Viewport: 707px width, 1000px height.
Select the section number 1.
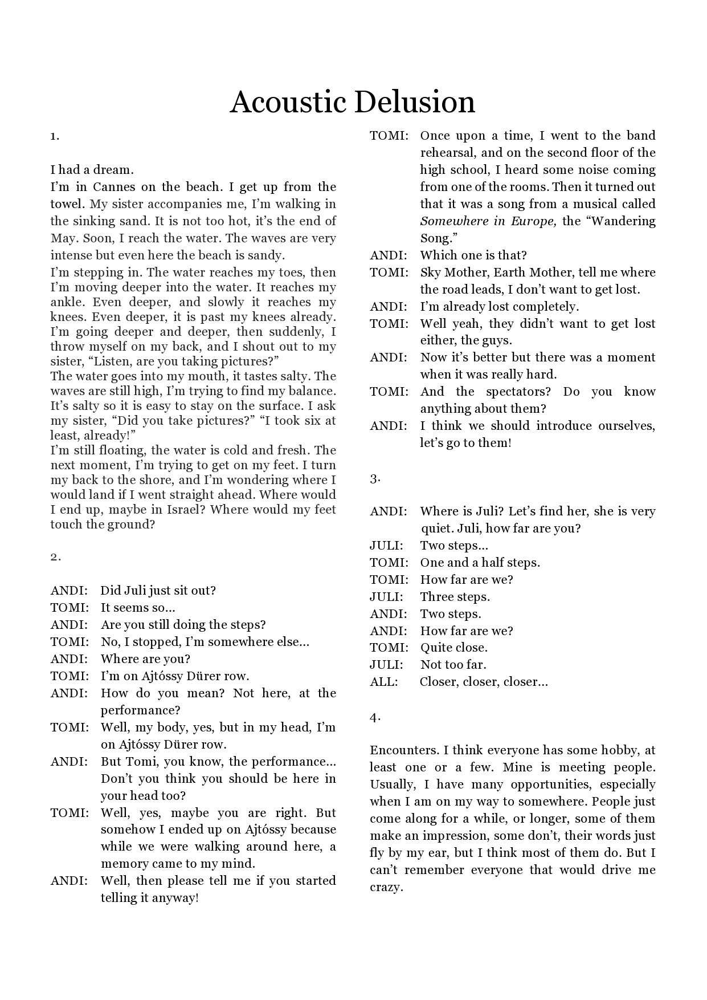[55, 136]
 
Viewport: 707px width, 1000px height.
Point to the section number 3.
[375, 479]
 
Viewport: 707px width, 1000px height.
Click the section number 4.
[375, 717]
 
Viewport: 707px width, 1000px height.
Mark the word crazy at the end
[386, 887]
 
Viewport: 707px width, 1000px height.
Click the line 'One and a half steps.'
[480, 563]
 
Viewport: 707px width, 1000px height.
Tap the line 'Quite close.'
[453, 648]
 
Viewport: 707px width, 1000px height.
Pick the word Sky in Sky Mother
[430, 273]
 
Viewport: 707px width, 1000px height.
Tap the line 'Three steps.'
[455, 597]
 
